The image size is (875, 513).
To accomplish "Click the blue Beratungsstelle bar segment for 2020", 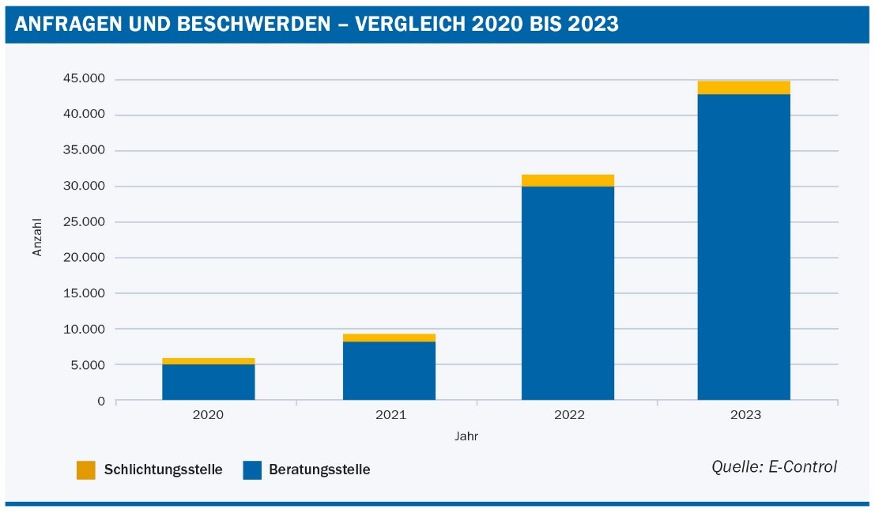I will (209, 382).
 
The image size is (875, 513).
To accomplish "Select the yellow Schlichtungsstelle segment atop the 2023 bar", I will (743, 87).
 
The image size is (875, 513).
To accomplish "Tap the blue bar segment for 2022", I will (568, 292).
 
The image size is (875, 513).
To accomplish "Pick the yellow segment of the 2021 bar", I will (389, 338).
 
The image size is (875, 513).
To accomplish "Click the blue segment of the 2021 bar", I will (389, 371).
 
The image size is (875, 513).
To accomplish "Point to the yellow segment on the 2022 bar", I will (568, 180).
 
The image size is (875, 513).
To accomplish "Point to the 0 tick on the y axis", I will (101, 401).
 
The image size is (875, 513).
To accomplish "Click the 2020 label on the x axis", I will (209, 415).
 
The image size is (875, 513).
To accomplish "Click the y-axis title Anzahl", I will (37, 238).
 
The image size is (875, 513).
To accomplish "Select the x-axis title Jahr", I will (466, 436).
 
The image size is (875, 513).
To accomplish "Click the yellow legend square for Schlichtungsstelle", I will (85, 470).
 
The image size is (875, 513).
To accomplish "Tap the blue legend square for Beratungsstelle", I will (251, 470).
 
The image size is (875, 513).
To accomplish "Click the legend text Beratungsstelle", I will (319, 470).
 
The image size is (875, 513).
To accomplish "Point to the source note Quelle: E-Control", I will (774, 466).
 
